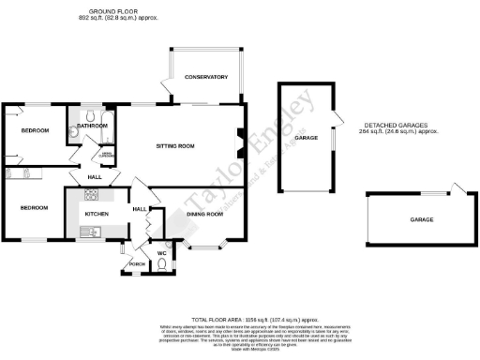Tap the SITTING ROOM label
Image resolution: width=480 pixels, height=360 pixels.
[173, 146]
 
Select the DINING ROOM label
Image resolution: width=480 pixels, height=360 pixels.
[204, 215]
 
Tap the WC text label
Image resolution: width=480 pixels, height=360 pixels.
[161, 253]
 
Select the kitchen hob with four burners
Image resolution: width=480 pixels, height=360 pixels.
[92, 195]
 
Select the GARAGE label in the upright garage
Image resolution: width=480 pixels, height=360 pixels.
[303, 138]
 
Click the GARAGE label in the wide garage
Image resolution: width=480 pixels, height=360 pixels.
[420, 218]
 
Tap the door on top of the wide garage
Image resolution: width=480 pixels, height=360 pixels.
[457, 187]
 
